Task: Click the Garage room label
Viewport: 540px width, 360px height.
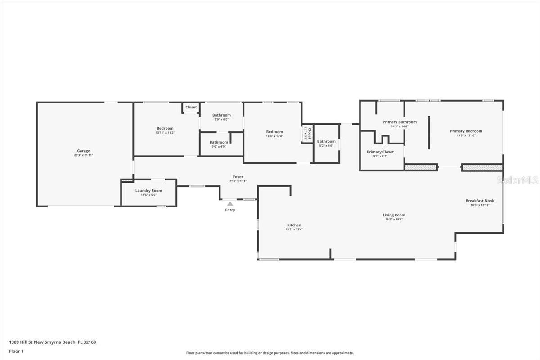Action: [x=83, y=151]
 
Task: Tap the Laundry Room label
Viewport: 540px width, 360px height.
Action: [x=148, y=191]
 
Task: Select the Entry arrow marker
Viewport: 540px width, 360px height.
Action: [x=230, y=204]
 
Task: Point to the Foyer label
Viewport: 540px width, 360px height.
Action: [x=238, y=177]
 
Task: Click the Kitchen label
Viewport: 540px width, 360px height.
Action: [x=294, y=225]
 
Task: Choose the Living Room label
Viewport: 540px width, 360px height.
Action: [x=394, y=215]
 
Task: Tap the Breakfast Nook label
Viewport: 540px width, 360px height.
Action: [x=480, y=201]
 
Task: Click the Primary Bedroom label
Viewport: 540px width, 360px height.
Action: [x=466, y=131]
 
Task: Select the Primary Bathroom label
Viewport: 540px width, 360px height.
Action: [x=400, y=122]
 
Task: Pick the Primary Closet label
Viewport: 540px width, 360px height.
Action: [x=380, y=152]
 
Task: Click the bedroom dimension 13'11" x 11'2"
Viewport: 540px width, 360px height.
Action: [x=165, y=133]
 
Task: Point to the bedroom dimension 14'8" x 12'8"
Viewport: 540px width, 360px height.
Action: [x=274, y=136]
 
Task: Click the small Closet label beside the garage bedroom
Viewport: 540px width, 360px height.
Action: [x=191, y=107]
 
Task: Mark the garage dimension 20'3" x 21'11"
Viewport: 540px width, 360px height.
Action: [x=83, y=155]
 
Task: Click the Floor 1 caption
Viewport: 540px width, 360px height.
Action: [x=16, y=351]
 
